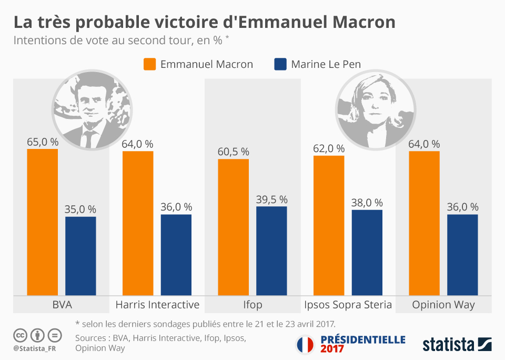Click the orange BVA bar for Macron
43,222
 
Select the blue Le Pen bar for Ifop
271,251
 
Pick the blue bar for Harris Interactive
176,255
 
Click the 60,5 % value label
233,152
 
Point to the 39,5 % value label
271,199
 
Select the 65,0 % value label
43,142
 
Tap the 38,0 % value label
367,203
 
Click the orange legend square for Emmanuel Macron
150,64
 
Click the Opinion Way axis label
443,305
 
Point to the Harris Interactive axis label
157,305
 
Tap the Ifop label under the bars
252,305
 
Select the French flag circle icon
305,344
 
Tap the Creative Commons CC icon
20,335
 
